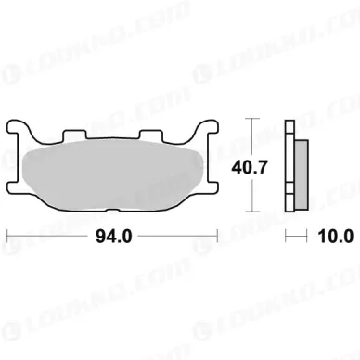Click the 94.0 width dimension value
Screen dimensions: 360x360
114,237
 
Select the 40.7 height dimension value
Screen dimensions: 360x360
249,168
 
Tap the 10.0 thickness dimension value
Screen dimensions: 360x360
335,237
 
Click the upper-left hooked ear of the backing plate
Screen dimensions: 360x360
18,127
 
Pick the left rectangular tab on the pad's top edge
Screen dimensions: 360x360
74,135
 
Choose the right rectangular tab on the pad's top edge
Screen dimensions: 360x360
150,135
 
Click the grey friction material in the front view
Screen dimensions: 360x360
113,174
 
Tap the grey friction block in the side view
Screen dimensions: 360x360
302,175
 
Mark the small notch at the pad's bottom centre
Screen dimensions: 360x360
112,211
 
